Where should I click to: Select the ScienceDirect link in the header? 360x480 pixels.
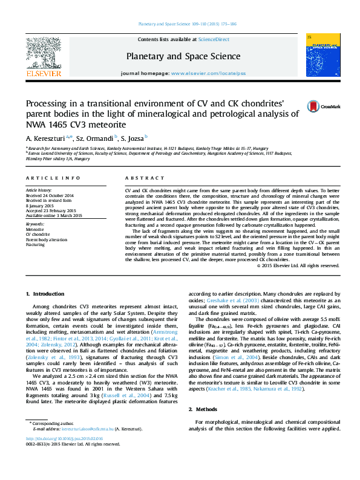[x=214, y=39]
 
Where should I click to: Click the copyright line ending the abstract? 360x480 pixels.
[x=298, y=265]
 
